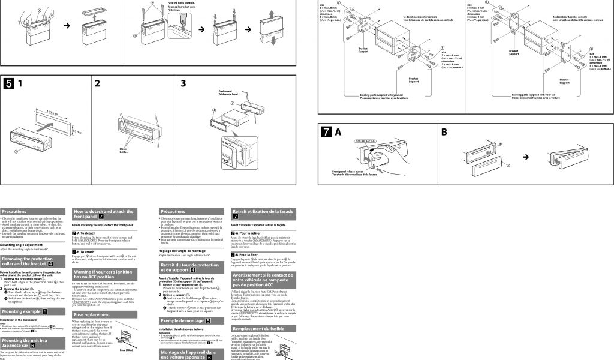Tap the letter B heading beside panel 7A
point(444,131)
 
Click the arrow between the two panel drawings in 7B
point(526,157)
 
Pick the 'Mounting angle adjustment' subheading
point(22,245)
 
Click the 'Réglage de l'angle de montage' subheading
point(182,250)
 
